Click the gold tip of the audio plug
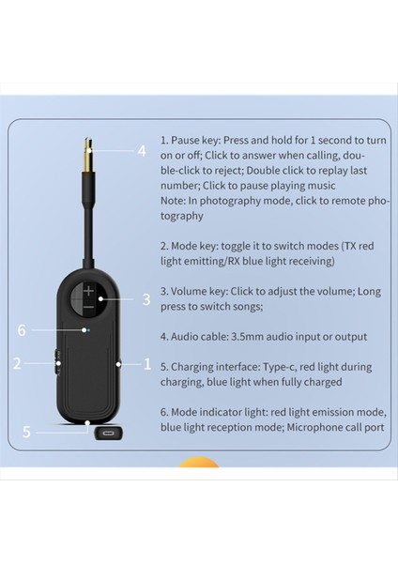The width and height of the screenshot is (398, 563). [x=87, y=151]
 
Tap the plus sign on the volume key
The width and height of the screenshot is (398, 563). [x=89, y=290]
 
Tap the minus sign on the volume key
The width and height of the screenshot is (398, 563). [x=89, y=307]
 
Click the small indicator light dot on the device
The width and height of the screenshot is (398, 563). [x=86, y=329]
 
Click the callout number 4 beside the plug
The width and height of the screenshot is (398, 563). [x=142, y=150]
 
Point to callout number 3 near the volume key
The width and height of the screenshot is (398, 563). [x=145, y=300]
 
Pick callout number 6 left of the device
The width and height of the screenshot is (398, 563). [x=23, y=329]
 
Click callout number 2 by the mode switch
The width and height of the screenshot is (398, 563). [x=17, y=363]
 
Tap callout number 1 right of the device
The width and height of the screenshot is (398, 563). [x=146, y=363]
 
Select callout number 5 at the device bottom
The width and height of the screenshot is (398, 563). [x=27, y=433]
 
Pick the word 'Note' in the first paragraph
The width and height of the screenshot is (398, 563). [x=174, y=201]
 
